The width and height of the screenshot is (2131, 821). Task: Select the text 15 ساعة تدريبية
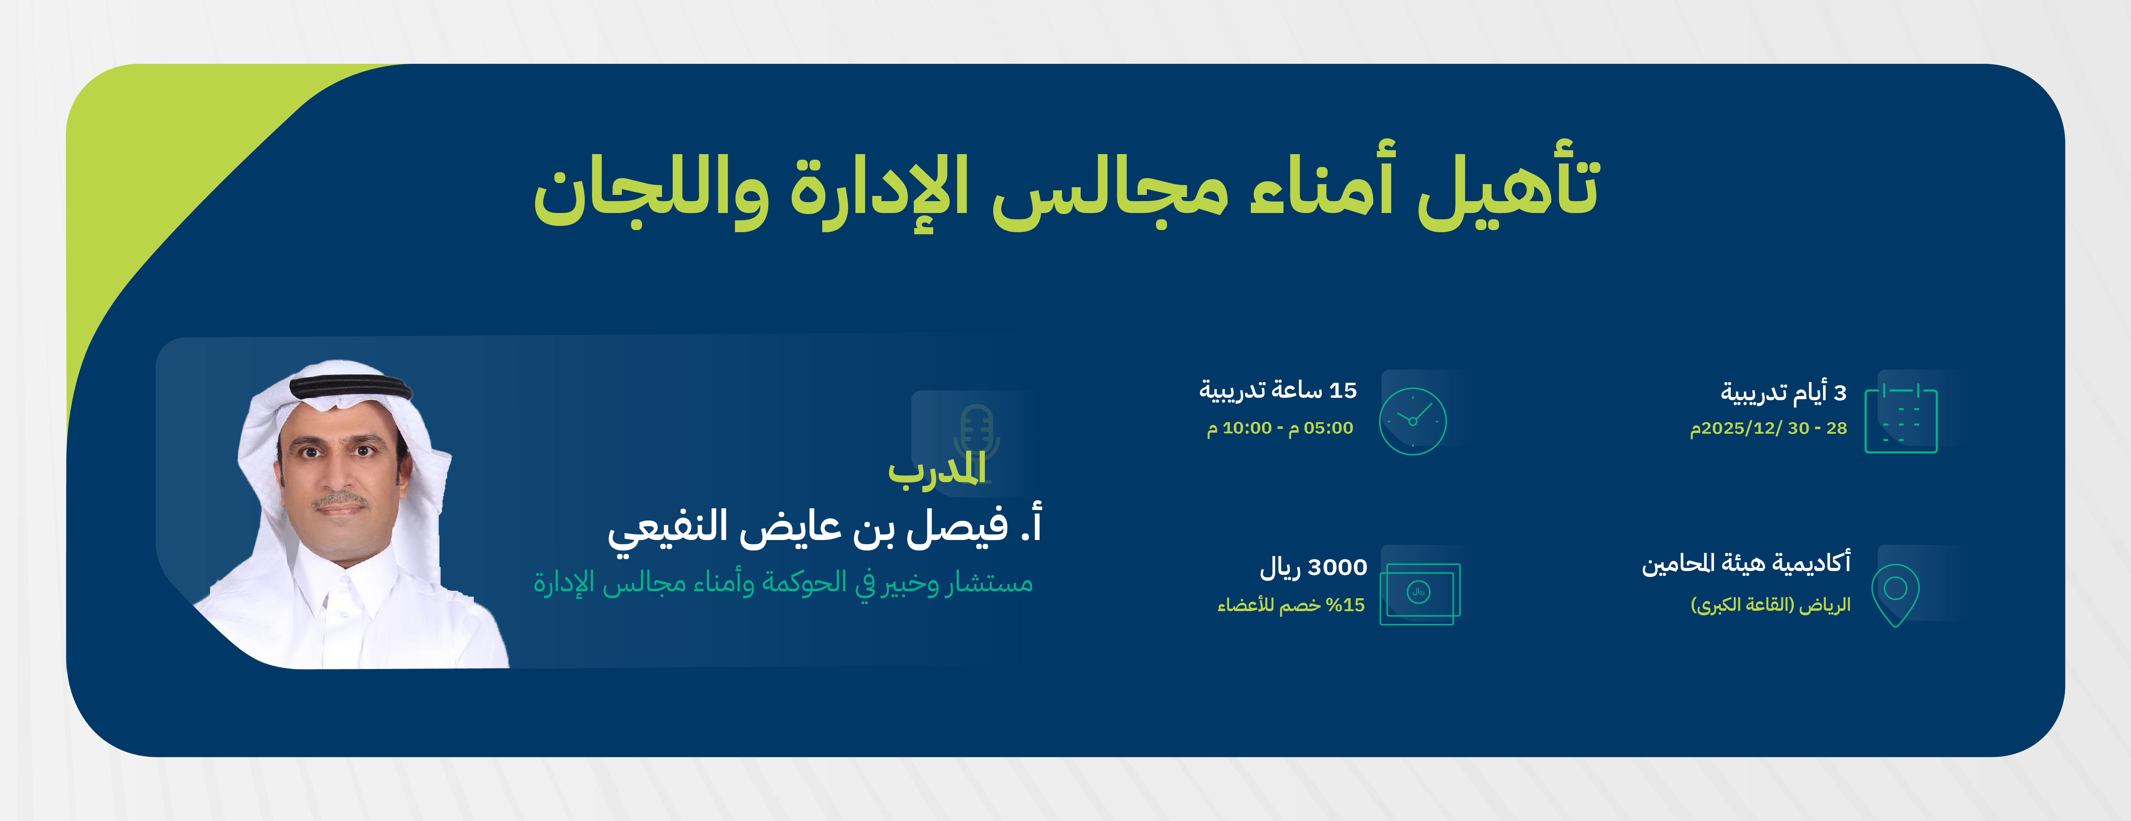(x=1278, y=391)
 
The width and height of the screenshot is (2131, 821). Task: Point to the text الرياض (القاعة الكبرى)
(x=1770, y=605)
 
